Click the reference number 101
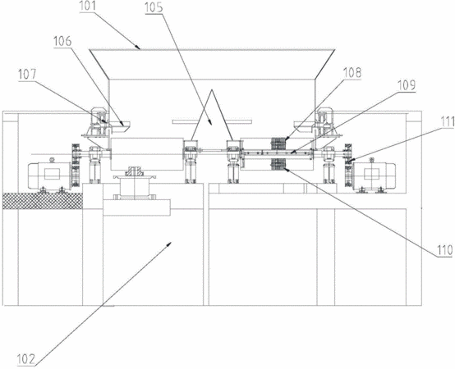(88, 6)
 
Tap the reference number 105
(154, 7)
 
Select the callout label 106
(62, 41)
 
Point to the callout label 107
(27, 75)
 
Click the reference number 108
(352, 73)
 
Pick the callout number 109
(407, 85)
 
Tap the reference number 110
(445, 250)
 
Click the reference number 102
(26, 360)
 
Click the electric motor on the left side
(49, 175)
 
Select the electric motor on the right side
(374, 175)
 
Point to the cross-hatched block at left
(43, 201)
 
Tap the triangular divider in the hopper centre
(212, 116)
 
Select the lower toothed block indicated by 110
(278, 164)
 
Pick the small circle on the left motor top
(53, 159)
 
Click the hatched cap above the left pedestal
(134, 171)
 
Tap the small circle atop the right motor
(372, 159)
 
